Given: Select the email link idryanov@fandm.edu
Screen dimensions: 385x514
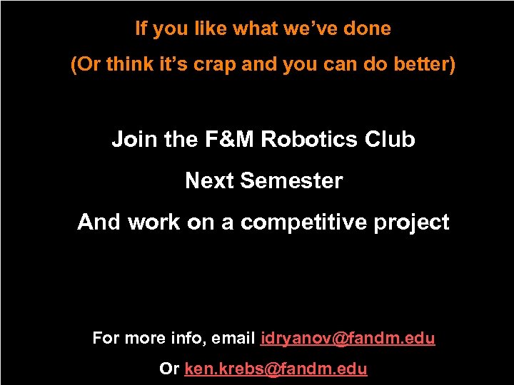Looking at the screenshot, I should pos(348,338).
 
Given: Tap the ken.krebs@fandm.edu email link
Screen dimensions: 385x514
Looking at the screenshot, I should pos(276,369).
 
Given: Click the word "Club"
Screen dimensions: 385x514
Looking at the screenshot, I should pos(390,139).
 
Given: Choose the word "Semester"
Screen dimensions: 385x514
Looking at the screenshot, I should pos(291,181).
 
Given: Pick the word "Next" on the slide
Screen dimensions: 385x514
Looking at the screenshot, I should pos(210,181).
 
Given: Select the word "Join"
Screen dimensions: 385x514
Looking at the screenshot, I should pos(135,139).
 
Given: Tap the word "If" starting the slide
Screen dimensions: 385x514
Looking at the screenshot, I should pos(141,29).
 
